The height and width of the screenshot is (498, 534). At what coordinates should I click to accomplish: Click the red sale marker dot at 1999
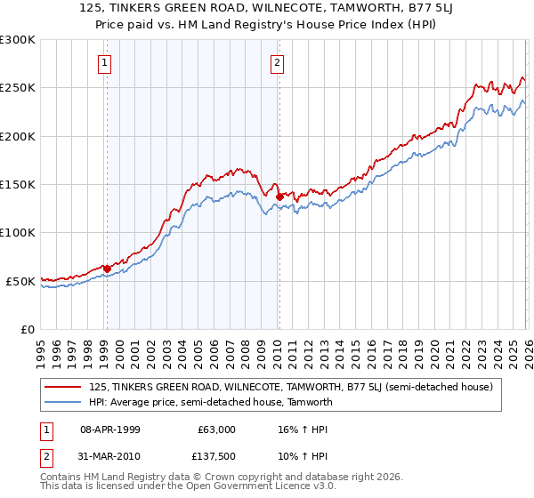coord(107,269)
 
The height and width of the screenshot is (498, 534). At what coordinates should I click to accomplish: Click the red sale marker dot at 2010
coord(279,197)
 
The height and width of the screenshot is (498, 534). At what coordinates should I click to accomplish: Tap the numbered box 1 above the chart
coord(106,62)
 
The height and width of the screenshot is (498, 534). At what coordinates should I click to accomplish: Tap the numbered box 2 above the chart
coord(278,62)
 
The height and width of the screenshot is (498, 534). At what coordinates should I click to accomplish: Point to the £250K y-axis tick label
coord(18,88)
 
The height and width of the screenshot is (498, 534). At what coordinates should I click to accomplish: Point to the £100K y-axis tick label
coord(18,232)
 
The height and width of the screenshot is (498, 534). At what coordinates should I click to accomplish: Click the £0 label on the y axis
coord(27,329)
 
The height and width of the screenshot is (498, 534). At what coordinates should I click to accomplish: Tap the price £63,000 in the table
coord(217,429)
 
